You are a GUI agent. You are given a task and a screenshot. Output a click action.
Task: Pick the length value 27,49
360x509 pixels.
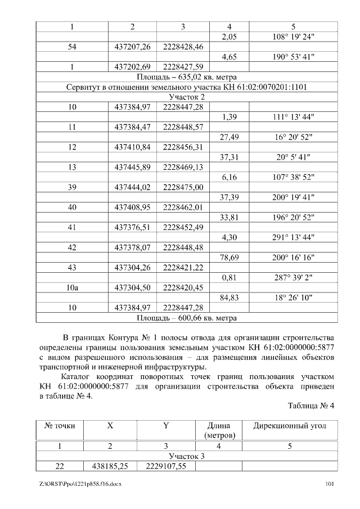[228, 137]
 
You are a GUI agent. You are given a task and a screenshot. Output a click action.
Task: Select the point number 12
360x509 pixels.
[72, 147]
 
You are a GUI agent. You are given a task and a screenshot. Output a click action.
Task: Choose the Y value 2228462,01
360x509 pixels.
[183, 208]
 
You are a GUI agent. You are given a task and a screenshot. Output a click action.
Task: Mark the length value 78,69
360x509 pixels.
[228, 258]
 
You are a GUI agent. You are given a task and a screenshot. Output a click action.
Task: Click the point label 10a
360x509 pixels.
[72, 287]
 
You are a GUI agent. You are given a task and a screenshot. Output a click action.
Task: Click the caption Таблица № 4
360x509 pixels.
[311, 406]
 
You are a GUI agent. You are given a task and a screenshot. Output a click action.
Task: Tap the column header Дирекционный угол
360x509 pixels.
[290, 426]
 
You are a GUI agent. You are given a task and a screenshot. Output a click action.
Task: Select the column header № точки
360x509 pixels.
[60, 426]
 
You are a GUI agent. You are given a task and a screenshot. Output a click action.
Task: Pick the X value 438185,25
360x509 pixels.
[110, 466]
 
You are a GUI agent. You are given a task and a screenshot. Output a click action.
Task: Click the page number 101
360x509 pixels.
[331, 484]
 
